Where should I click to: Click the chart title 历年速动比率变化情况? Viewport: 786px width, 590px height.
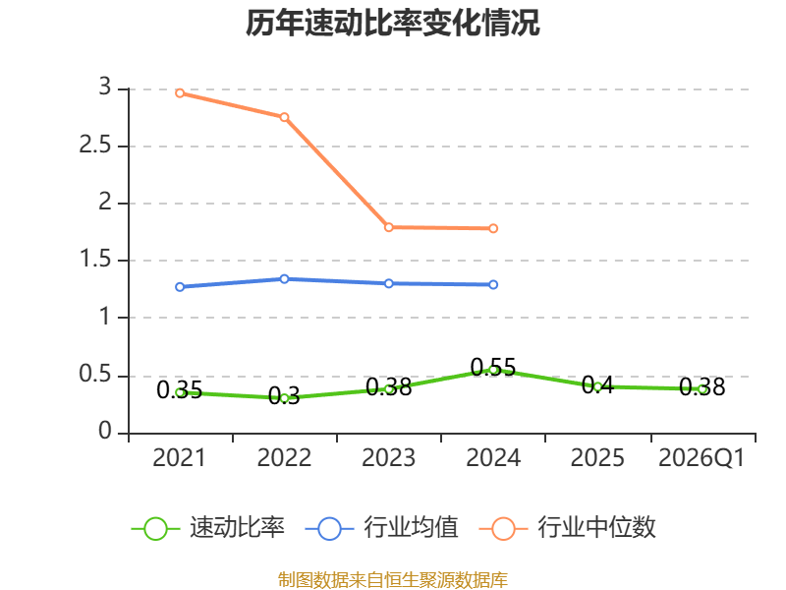click(x=392, y=23)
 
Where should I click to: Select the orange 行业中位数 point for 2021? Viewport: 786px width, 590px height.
click(x=180, y=92)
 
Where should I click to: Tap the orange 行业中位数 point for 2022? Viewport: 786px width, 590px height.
click(x=284, y=117)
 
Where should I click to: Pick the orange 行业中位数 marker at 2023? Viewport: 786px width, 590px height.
click(x=389, y=227)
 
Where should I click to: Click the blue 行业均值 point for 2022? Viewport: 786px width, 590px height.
click(x=284, y=279)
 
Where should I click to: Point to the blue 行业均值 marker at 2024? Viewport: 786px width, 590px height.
click(x=493, y=284)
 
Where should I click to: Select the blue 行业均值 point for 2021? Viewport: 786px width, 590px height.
click(x=180, y=287)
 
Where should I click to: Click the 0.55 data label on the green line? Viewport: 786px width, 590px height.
click(x=493, y=367)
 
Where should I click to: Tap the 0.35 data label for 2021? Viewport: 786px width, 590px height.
click(x=180, y=389)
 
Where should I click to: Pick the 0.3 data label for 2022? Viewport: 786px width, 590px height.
click(x=284, y=396)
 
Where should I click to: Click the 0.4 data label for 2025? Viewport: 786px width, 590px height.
click(x=597, y=384)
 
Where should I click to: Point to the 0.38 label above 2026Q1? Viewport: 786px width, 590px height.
click(x=702, y=386)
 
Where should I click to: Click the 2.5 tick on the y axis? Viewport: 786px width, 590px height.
click(x=95, y=146)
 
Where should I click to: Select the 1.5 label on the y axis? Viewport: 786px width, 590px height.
click(x=95, y=260)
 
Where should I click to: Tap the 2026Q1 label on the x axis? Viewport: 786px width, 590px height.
click(x=702, y=458)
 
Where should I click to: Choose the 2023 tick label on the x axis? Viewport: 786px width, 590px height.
click(x=389, y=458)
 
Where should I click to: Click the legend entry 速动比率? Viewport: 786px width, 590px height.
click(x=207, y=528)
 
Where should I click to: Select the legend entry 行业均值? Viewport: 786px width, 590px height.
click(x=381, y=528)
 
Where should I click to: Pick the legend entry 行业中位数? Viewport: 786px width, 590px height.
click(x=568, y=528)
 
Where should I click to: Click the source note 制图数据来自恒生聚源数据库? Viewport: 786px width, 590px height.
click(x=393, y=580)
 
